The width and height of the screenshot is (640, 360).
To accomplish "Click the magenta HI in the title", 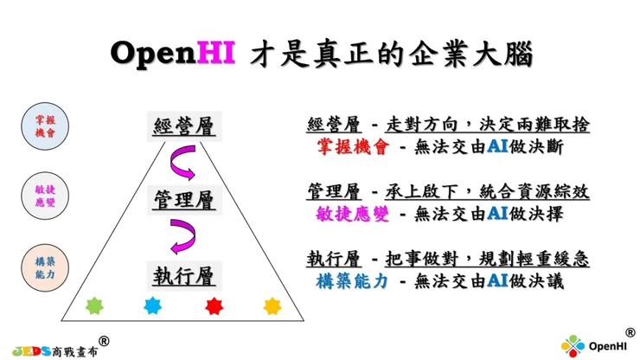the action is (216, 52).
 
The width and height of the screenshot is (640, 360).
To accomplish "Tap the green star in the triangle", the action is (94, 306).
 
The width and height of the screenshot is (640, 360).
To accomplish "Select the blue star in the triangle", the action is (153, 305).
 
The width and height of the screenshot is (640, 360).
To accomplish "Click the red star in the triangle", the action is (214, 306).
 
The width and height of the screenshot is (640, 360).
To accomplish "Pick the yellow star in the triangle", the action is (272, 306).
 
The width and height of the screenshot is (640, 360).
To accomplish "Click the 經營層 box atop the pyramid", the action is (184, 126).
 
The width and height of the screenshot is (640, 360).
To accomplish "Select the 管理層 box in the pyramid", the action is (184, 200).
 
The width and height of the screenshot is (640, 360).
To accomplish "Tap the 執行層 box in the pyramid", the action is (184, 276).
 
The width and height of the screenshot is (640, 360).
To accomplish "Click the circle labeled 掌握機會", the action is (45, 126).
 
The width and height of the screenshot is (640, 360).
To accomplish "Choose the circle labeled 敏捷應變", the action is (45, 196).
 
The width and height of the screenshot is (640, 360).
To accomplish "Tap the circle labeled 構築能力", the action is (45, 268).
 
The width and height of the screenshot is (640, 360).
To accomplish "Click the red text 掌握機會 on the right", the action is (353, 147).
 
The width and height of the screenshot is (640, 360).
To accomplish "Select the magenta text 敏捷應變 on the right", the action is (353, 214).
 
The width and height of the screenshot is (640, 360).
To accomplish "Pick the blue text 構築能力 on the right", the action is (352, 281).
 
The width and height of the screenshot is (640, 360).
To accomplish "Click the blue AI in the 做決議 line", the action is (497, 280).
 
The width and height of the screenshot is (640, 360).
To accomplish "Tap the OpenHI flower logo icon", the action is (573, 346).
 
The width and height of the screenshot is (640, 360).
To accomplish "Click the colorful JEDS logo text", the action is (32, 351).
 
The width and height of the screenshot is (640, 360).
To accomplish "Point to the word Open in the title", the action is (153, 53).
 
